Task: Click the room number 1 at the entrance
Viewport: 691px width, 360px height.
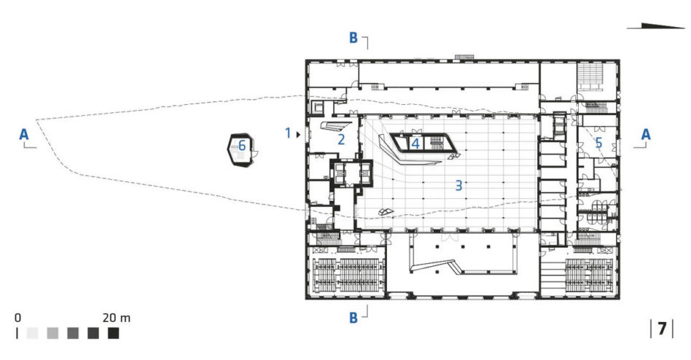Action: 288,133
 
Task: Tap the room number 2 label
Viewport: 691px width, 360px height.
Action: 341,140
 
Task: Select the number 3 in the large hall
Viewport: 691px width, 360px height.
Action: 458,186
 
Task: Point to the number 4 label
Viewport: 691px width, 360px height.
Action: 415,144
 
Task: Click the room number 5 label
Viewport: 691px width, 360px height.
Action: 598,143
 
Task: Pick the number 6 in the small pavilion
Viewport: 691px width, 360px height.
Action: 242,145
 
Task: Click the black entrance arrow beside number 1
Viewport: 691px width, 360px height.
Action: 298,134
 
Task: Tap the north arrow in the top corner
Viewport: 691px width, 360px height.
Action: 656,26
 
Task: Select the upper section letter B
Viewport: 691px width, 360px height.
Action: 353,38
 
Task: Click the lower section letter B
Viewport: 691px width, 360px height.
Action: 353,318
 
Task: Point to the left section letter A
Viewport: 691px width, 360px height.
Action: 24,134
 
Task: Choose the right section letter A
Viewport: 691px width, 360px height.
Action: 646,134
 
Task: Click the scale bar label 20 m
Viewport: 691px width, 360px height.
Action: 117,318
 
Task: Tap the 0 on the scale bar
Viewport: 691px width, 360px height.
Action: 17,318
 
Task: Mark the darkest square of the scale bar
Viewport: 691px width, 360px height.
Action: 113,333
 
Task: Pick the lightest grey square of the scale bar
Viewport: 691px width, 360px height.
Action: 32,333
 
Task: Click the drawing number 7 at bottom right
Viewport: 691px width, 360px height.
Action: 662,329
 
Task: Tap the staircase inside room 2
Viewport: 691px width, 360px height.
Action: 336,127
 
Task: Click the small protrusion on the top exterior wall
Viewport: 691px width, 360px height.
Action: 465,58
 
